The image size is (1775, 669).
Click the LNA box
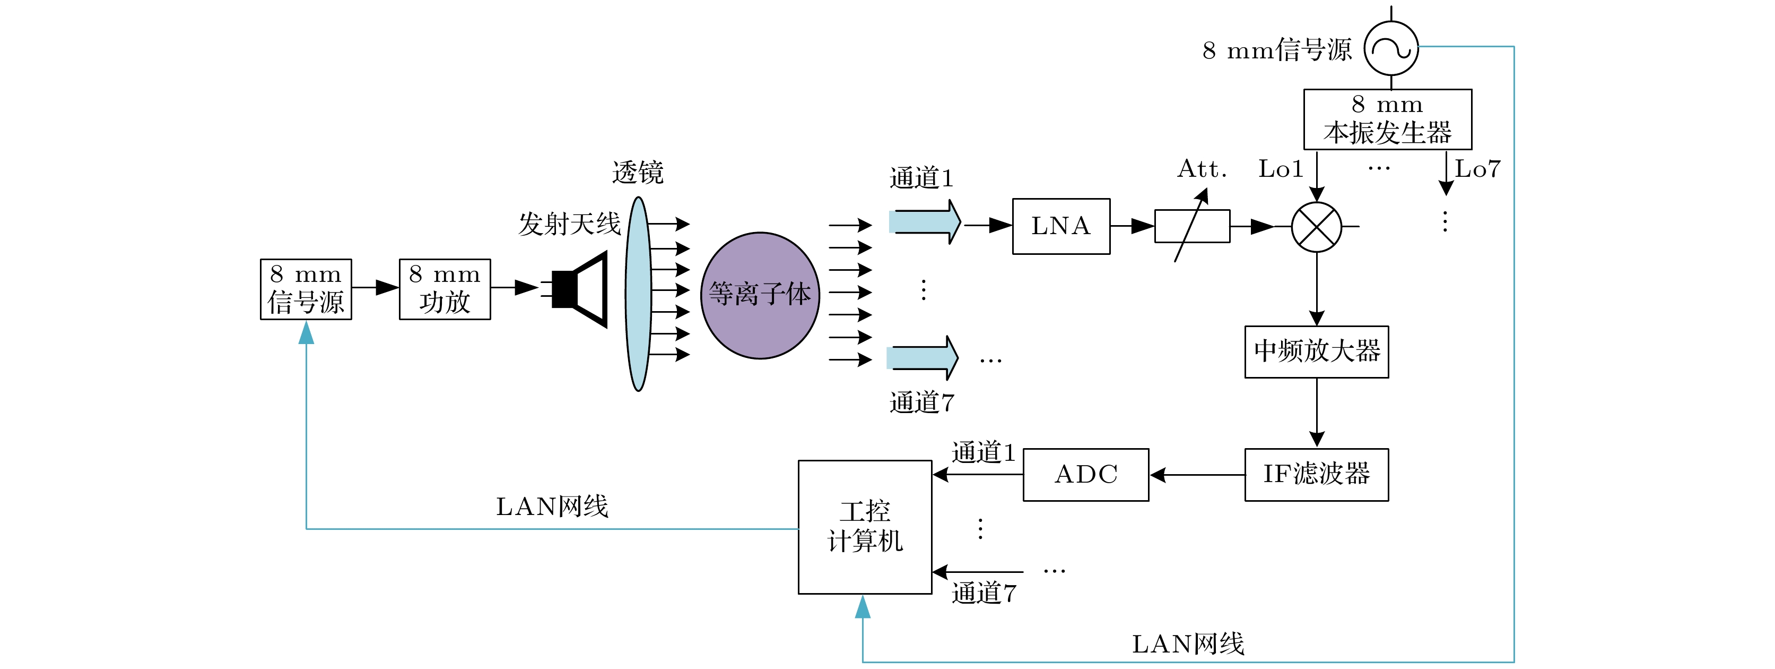pyautogui.click(x=1060, y=226)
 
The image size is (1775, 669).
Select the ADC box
pyautogui.click(x=1085, y=475)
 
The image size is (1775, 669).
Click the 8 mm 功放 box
pyautogui.click(x=445, y=289)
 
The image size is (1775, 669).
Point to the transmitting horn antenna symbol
pyautogui.click(x=581, y=289)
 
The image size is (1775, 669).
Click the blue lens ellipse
pyautogui.click(x=639, y=294)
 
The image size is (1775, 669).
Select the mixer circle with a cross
pyautogui.click(x=1316, y=227)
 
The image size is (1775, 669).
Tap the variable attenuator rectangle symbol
pyautogui.click(x=1192, y=226)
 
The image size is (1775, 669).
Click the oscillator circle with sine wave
pyautogui.click(x=1391, y=48)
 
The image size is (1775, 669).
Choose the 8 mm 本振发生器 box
pyautogui.click(x=1387, y=119)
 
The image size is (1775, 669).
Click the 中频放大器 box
pyautogui.click(x=1316, y=351)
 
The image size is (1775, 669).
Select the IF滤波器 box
pyautogui.click(x=1316, y=475)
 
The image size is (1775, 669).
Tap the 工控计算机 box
pyautogui.click(x=865, y=527)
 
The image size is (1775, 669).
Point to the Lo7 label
pyautogui.click(x=1477, y=169)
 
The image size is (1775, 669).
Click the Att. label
pyautogui.click(x=1202, y=169)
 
